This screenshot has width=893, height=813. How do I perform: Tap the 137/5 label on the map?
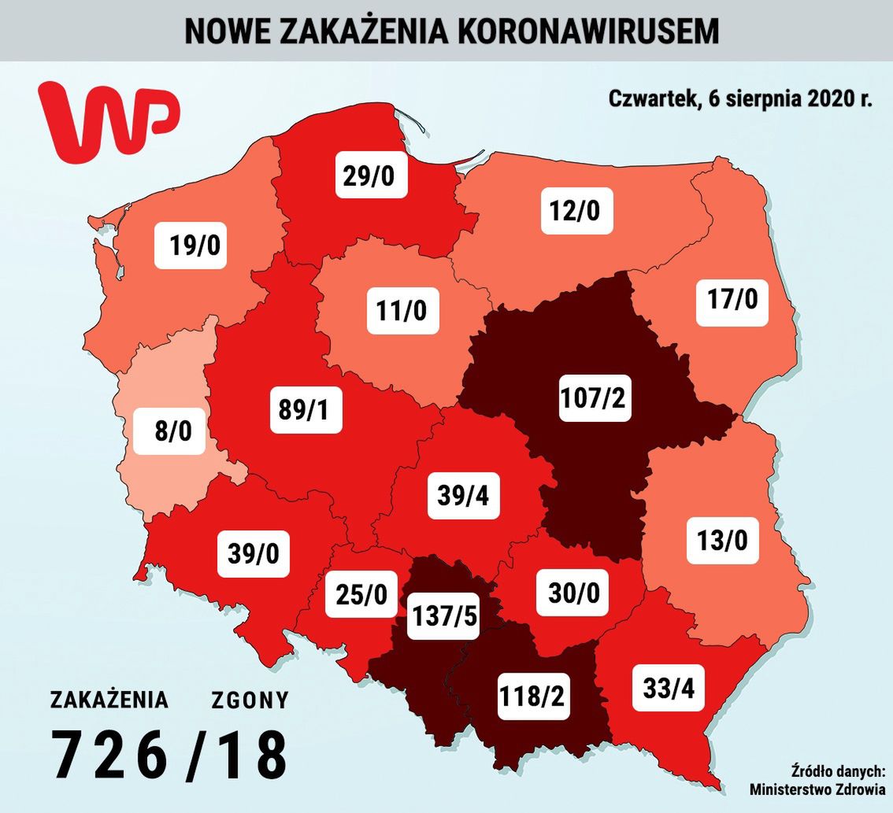(443, 616)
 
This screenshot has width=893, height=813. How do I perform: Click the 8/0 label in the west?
(169, 431)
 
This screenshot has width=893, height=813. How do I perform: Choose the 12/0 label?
(576, 210)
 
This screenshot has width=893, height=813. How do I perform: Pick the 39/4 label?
(464, 494)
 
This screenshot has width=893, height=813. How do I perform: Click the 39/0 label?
(253, 554)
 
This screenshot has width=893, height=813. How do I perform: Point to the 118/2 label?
(533, 695)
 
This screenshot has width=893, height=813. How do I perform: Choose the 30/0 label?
(572, 592)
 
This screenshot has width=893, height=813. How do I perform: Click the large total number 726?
(109, 754)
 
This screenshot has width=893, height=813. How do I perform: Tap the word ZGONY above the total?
(250, 700)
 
